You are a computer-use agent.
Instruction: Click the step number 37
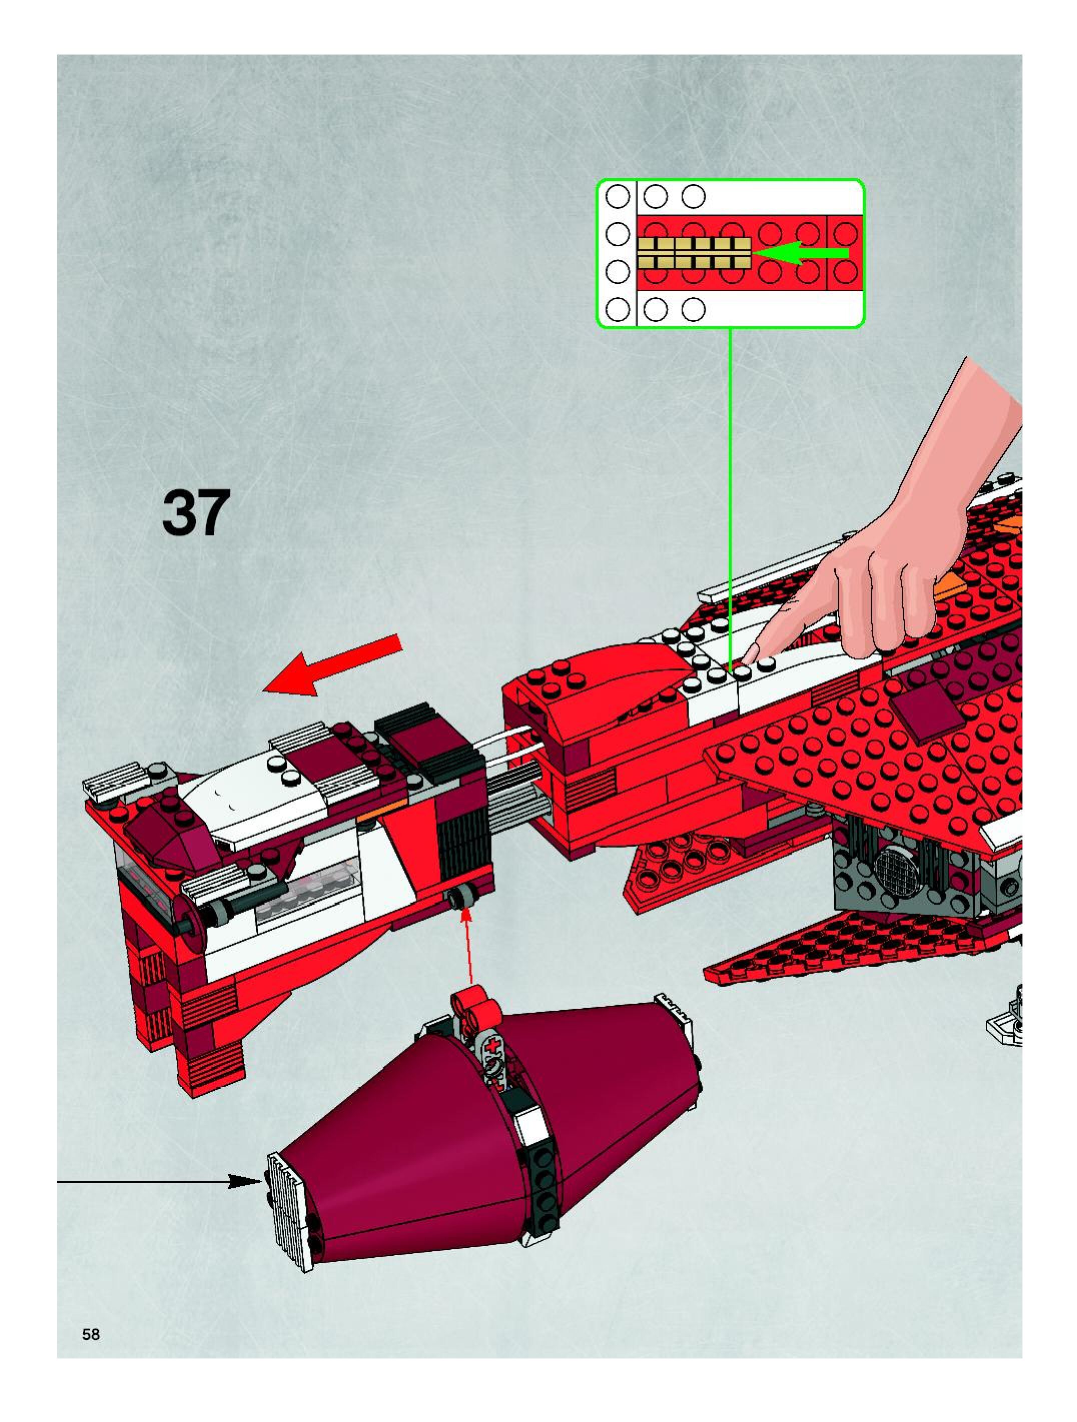[196, 513]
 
